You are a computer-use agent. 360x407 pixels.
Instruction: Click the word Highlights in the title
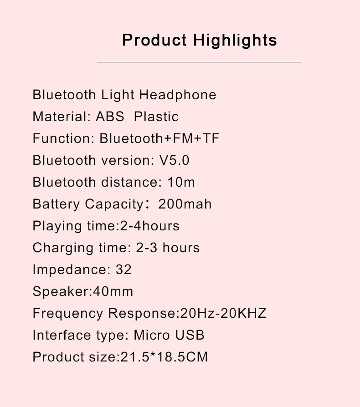click(x=235, y=40)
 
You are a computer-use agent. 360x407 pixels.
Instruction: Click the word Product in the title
click(x=154, y=40)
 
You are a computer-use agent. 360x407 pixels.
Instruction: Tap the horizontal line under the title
click(x=200, y=62)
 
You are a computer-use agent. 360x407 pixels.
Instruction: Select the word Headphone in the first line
click(x=178, y=95)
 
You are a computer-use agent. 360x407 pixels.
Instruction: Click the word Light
click(x=118, y=95)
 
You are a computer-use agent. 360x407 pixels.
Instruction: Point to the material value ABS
click(x=110, y=117)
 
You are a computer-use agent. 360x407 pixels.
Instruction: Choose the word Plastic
click(x=156, y=117)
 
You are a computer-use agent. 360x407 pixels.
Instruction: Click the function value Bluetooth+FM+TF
click(x=159, y=138)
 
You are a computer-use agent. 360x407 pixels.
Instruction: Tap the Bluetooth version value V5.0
click(x=174, y=160)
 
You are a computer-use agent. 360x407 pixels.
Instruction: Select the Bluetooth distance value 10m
click(x=181, y=182)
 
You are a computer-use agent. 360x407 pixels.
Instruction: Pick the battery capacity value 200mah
click(x=185, y=204)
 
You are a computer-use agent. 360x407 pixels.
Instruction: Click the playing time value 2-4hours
click(x=149, y=225)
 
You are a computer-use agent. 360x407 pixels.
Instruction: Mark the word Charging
click(x=63, y=248)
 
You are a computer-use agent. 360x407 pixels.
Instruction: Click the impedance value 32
click(x=123, y=270)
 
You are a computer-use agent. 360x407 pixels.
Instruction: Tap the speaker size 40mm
click(x=113, y=291)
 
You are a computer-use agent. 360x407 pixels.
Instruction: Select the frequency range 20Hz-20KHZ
click(x=223, y=313)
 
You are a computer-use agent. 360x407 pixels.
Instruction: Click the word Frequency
click(x=68, y=314)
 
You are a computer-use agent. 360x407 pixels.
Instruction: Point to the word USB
click(x=190, y=335)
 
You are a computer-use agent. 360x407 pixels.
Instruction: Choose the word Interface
click(x=62, y=335)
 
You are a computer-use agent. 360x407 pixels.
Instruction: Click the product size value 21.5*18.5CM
click(x=164, y=356)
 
